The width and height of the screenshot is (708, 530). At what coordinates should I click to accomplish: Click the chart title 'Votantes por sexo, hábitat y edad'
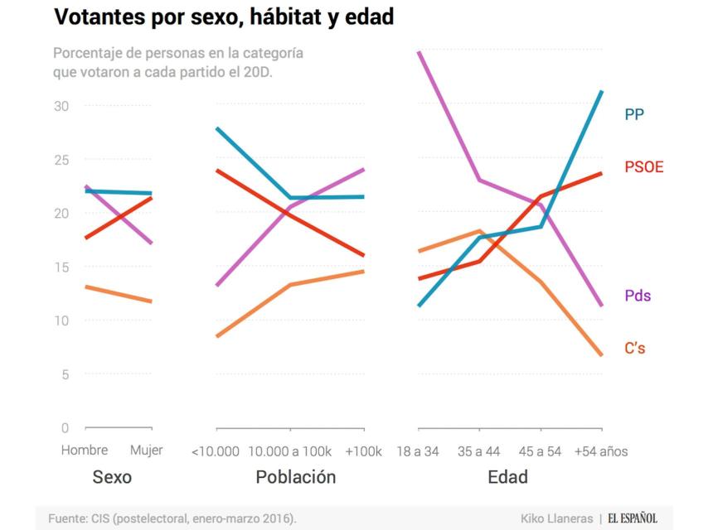[223, 17]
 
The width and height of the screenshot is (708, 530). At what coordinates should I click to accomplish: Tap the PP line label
[635, 114]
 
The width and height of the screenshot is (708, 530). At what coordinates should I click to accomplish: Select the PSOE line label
[644, 167]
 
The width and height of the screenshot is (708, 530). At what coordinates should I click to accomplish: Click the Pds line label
[638, 296]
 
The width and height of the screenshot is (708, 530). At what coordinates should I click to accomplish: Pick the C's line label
[635, 349]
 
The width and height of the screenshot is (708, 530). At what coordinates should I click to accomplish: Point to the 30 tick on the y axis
[62, 106]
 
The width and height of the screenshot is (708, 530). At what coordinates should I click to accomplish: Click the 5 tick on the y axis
[65, 374]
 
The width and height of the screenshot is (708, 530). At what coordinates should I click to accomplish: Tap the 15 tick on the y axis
[62, 267]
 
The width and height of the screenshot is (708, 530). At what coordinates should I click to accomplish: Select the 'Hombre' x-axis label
[85, 451]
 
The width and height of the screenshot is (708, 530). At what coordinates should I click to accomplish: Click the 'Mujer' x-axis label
[147, 451]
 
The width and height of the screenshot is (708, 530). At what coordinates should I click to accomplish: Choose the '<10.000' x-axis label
[215, 451]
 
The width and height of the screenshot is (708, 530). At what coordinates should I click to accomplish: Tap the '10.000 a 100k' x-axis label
[289, 451]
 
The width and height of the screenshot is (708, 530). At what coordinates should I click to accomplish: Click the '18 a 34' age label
[419, 451]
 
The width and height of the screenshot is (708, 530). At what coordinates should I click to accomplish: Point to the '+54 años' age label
[601, 451]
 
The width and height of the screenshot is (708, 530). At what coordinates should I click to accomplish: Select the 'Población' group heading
[295, 478]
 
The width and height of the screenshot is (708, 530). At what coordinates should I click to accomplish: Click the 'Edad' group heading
[507, 478]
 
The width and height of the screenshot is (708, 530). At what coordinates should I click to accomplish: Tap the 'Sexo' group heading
[112, 478]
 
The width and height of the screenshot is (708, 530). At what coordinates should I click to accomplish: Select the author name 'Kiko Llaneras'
[555, 518]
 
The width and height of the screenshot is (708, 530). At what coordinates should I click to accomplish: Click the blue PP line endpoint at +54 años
[602, 91]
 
